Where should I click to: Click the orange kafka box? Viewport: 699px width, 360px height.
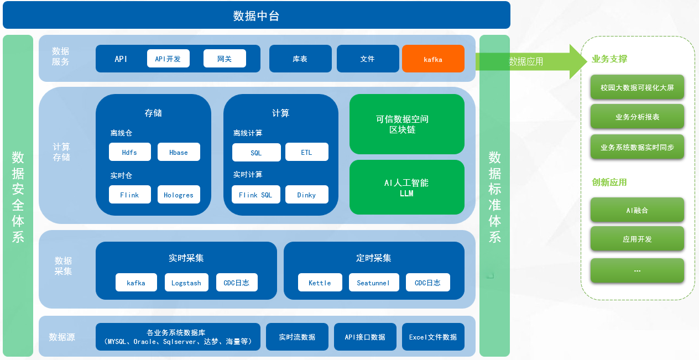click(x=433, y=59)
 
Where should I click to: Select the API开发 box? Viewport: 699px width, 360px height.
click(x=168, y=59)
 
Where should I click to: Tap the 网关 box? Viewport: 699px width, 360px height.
click(x=225, y=59)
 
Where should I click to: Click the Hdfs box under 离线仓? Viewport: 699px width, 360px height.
click(x=130, y=152)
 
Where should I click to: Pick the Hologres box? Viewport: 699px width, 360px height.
click(x=179, y=195)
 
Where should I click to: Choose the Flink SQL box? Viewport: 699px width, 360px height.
click(x=255, y=195)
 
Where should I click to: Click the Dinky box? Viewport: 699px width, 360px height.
click(x=306, y=195)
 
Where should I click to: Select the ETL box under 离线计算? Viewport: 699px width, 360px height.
click(x=306, y=152)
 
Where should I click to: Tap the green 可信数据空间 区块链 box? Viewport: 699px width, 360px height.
click(x=406, y=124)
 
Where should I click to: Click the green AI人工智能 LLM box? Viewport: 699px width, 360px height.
click(x=406, y=187)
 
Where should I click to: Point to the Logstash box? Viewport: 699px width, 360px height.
click(x=186, y=283)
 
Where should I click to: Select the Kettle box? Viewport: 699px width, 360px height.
click(x=320, y=283)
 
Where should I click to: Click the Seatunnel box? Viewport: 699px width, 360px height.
click(x=373, y=283)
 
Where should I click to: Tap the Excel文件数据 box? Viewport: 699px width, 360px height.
click(x=433, y=337)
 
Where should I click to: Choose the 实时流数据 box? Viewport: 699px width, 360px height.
click(x=297, y=337)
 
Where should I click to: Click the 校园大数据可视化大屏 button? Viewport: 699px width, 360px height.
click(x=637, y=87)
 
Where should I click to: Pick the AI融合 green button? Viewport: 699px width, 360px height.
click(x=637, y=210)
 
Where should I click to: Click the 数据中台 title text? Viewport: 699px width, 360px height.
click(x=256, y=15)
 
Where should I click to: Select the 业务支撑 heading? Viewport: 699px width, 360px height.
click(x=609, y=59)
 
